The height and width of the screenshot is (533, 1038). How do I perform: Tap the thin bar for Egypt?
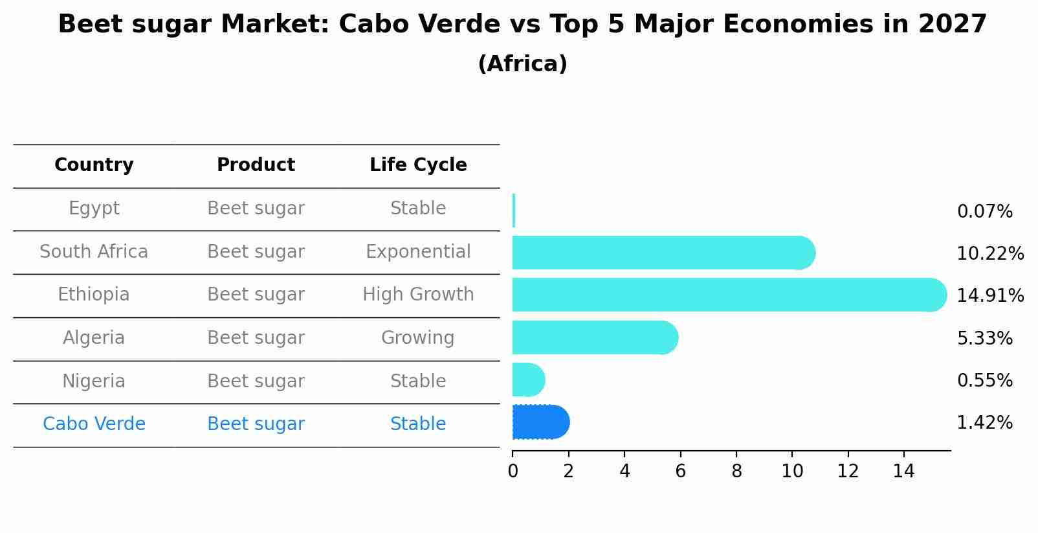pos(514,210)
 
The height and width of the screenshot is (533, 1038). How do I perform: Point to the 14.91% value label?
pos(989,296)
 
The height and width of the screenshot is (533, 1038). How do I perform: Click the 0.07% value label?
pos(984,212)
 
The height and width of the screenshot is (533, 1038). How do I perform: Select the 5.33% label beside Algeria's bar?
pos(984,338)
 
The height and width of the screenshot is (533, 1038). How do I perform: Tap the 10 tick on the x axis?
pos(792,471)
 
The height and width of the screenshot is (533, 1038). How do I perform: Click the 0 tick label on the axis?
pos(513,471)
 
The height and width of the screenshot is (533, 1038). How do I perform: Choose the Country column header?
pos(94,165)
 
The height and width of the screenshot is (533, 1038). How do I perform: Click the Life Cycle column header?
pos(418,165)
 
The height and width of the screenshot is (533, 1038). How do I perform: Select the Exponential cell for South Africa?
pos(418,252)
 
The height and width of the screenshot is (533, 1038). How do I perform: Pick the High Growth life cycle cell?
pos(418,295)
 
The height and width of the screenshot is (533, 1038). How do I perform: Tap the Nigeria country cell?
pos(94,381)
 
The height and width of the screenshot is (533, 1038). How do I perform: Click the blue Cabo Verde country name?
pos(94,424)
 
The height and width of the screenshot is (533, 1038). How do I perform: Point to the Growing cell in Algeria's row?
pos(418,338)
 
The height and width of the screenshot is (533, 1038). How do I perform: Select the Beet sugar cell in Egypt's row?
pos(256,209)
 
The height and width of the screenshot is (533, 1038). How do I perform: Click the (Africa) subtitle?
pos(522,64)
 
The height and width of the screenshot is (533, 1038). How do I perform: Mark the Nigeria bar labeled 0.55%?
pos(527,380)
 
